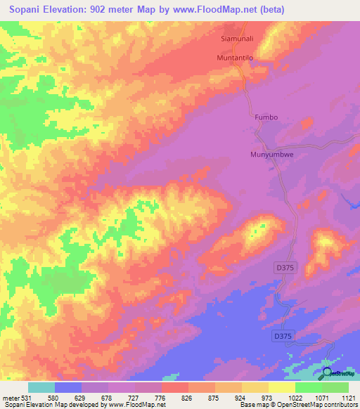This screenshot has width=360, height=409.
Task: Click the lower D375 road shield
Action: coord(283,337)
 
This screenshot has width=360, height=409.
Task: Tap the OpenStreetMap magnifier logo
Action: coord(327,373)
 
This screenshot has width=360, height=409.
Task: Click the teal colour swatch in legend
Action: coord(41,387)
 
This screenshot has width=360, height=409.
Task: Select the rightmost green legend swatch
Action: coord(335,387)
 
